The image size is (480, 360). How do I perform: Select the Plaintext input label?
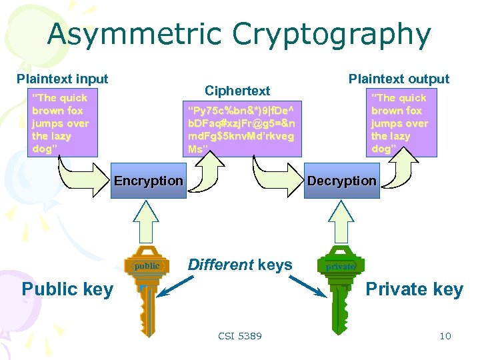click(x=62, y=79)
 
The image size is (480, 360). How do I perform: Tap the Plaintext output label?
click(x=399, y=79)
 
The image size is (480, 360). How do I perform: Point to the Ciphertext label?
click(x=237, y=91)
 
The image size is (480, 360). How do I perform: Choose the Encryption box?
click(x=148, y=181)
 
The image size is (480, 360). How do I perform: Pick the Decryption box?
click(x=341, y=181)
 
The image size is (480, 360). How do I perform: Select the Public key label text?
click(x=67, y=289)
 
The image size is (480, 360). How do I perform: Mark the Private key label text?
click(x=414, y=289)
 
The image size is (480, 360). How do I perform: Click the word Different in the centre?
click(x=220, y=265)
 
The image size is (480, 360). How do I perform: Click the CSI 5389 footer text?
click(x=240, y=336)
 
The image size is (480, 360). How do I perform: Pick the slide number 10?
click(x=445, y=336)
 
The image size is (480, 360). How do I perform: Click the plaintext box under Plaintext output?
click(x=399, y=123)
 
